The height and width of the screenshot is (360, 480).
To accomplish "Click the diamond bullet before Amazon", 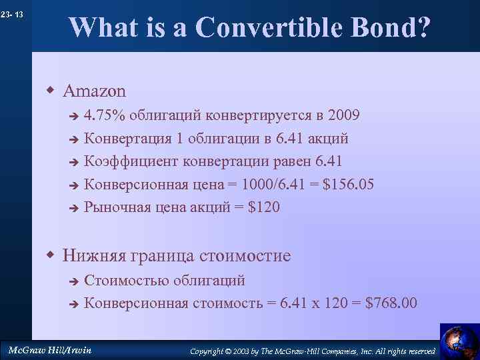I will tap(50, 89).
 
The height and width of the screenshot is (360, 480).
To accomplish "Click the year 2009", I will tap(343, 115).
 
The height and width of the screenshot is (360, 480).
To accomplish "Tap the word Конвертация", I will tap(125, 139).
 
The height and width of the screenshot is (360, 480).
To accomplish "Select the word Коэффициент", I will tap(127, 161).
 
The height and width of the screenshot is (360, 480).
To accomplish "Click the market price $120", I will tap(264, 207).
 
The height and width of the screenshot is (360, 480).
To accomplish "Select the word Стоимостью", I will tap(126, 281).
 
